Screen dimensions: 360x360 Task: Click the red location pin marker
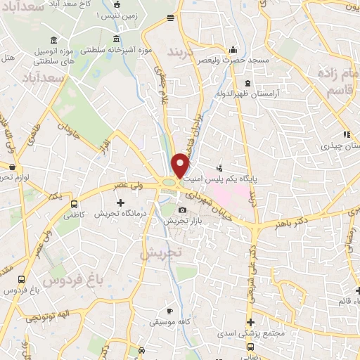point(181,165)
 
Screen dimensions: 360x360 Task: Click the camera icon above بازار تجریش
point(183,210)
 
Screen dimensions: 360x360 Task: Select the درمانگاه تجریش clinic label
point(122,213)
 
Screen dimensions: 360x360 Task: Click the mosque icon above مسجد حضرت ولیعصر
point(233,50)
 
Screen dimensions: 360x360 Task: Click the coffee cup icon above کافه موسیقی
point(169,311)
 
